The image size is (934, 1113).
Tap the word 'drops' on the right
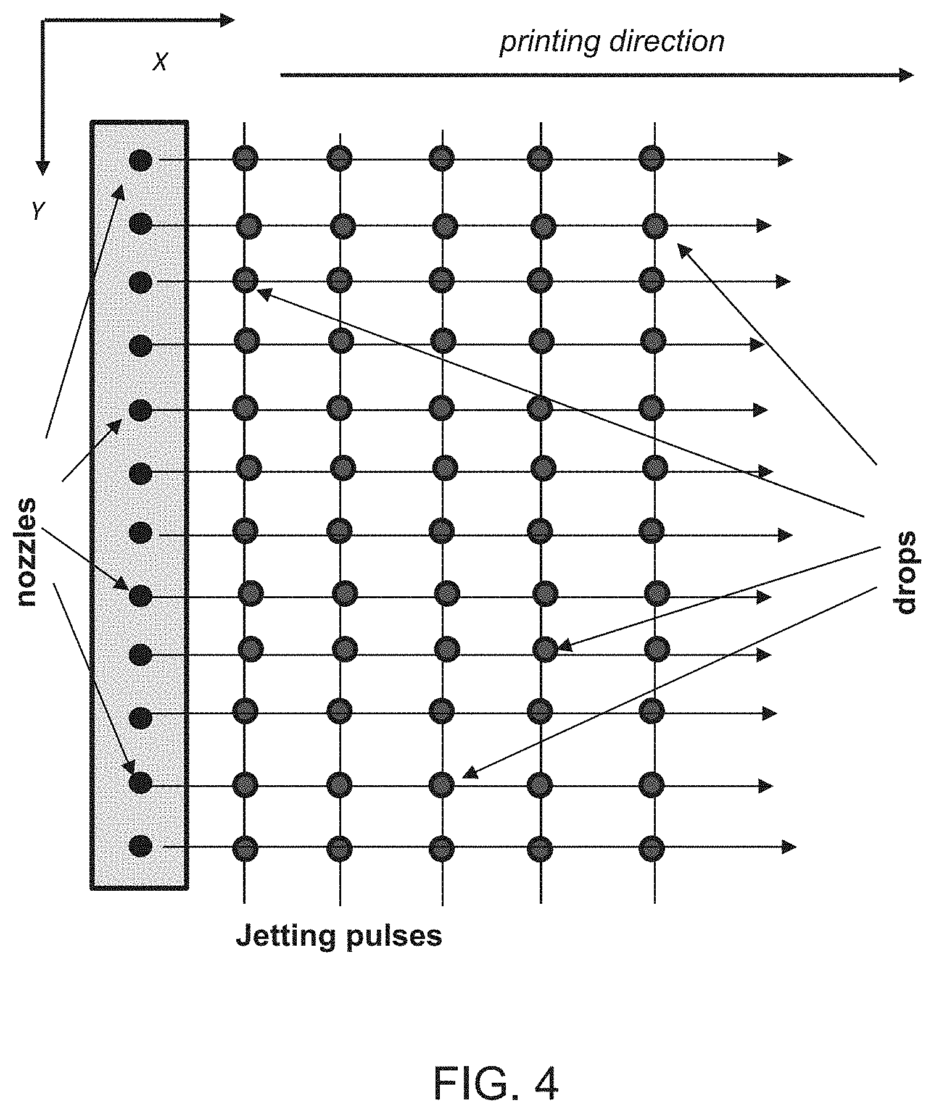[x=905, y=573]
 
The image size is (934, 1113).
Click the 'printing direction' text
[x=611, y=41]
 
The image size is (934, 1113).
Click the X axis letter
[x=160, y=62]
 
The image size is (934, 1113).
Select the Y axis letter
[x=38, y=212]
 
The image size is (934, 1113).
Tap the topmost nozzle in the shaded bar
[x=141, y=160]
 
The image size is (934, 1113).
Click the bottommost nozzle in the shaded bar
[x=141, y=846]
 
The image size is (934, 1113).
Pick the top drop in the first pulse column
[x=245, y=158]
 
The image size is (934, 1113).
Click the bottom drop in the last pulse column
[x=651, y=848]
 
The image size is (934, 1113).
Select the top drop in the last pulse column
[x=651, y=157]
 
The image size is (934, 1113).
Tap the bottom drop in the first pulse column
[x=245, y=848]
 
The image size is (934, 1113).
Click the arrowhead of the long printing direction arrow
[x=906, y=75]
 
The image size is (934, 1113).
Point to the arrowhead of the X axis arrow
[x=228, y=20]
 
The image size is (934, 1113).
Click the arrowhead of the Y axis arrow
[x=42, y=168]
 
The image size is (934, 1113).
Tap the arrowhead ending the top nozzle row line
[x=785, y=160]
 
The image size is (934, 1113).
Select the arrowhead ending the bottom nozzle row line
[x=788, y=846]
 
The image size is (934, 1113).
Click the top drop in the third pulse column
[x=442, y=158]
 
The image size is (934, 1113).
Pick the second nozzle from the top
[x=141, y=223]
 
